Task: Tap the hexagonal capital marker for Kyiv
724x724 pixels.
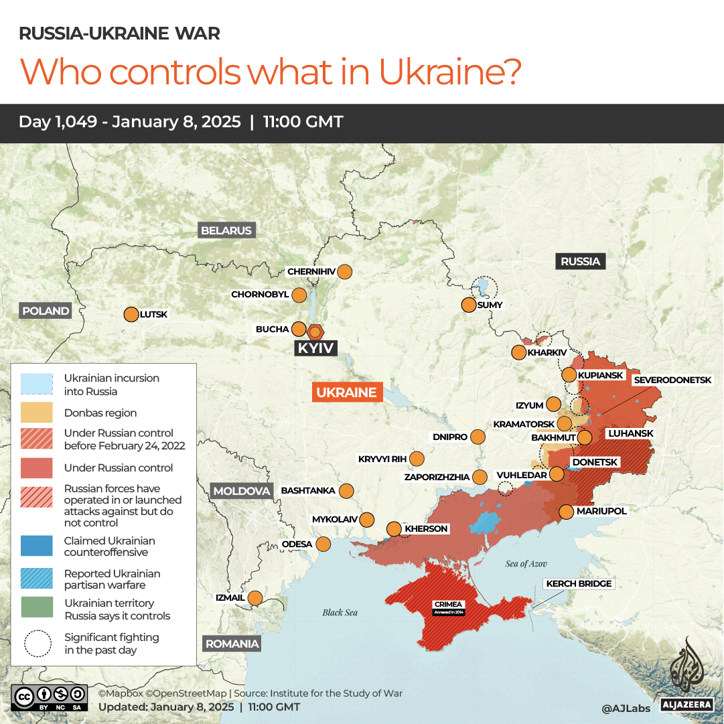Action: [x=315, y=331]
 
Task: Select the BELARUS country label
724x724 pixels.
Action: [x=226, y=230]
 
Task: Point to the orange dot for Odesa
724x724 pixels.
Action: [x=323, y=544]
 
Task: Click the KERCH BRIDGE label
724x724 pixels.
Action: [x=579, y=583]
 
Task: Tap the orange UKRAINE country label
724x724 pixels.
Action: [x=347, y=392]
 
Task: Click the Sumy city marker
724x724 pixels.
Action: [x=468, y=305]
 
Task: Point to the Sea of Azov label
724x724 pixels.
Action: [x=526, y=563]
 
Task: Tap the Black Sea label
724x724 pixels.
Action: [x=340, y=612]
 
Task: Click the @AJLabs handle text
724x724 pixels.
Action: [x=626, y=707]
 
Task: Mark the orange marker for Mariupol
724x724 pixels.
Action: [x=566, y=512]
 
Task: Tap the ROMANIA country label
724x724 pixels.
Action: [x=232, y=644]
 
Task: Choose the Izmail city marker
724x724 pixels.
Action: [x=255, y=597]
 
